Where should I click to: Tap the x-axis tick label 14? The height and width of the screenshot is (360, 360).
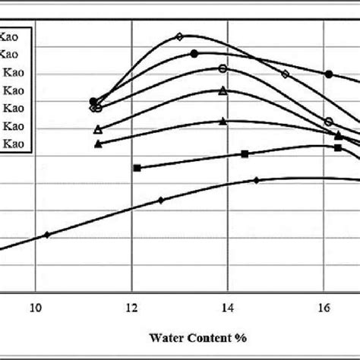[x=227, y=308]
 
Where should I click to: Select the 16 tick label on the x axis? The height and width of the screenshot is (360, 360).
[x=324, y=308]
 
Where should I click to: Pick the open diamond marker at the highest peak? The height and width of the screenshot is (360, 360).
[x=180, y=36]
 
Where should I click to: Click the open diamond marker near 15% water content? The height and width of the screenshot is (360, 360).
[x=286, y=74]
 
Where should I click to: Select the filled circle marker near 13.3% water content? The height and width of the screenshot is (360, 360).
[x=194, y=54]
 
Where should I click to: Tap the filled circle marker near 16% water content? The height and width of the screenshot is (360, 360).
[x=329, y=74]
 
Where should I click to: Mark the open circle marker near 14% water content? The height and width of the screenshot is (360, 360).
[x=223, y=68]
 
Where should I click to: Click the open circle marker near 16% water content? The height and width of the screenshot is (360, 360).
[x=328, y=122]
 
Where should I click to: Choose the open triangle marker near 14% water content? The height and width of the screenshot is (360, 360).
[x=223, y=91]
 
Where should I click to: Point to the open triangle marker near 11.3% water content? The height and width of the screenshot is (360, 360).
[x=97, y=129]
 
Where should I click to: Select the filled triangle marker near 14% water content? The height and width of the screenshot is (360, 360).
[x=223, y=121]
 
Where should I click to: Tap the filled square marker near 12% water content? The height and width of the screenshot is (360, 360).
[x=137, y=167]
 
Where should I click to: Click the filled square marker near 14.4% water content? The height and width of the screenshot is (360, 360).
[x=245, y=154]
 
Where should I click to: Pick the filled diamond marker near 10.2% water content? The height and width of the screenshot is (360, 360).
[x=47, y=235]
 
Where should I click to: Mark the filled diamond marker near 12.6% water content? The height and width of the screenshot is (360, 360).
[x=161, y=200]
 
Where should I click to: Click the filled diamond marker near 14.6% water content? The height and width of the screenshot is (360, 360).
[x=257, y=180]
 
